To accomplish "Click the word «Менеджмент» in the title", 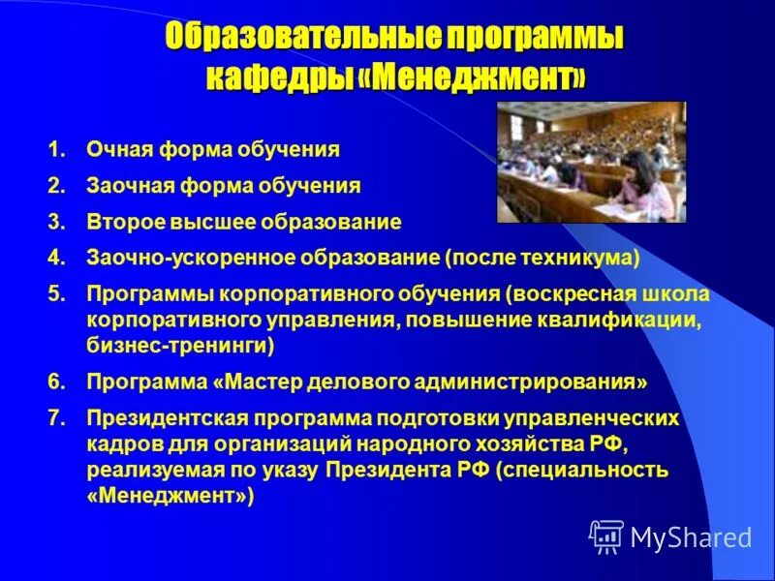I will [x=480, y=77].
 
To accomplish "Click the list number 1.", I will [x=55, y=150].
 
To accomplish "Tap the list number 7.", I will [x=55, y=418].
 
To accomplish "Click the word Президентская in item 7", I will [x=168, y=418].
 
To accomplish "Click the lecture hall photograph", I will [x=591, y=162].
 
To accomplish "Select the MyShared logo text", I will [x=691, y=536].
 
